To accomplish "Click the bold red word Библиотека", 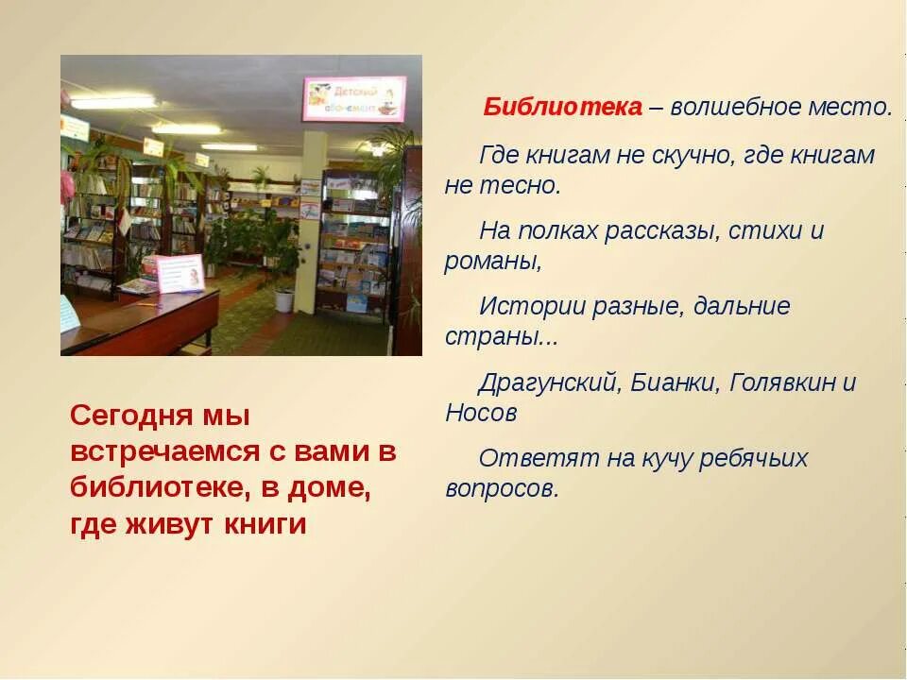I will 563,107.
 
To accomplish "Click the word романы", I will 492,262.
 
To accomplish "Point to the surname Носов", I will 481,414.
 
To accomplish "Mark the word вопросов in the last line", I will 501,489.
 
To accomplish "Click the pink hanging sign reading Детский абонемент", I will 353,99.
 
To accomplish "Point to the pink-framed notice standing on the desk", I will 180,272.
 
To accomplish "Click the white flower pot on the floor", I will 284,299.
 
